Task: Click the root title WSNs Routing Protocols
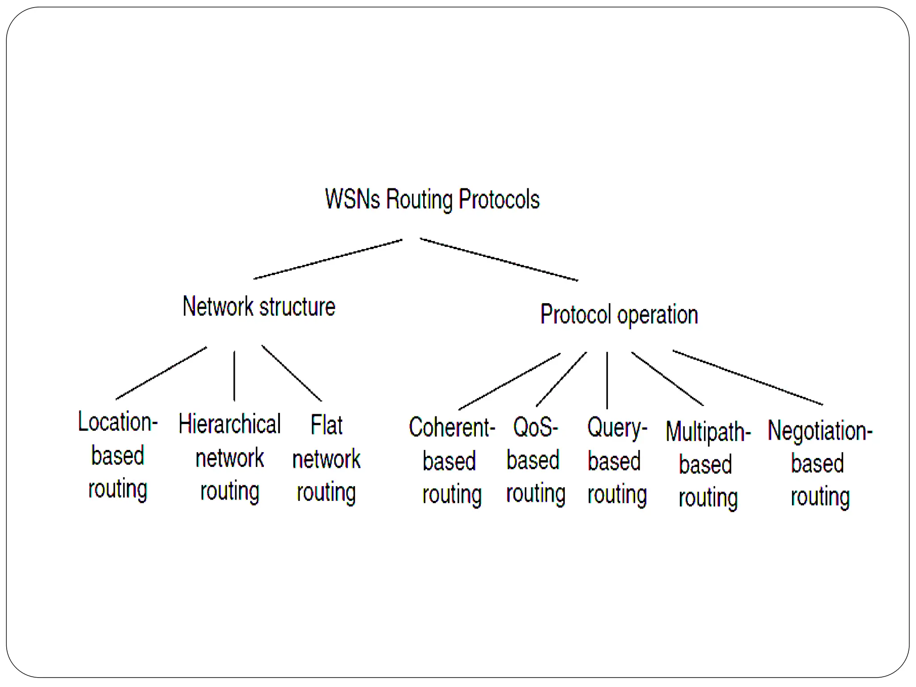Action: [x=432, y=199]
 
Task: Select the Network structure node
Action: [x=259, y=307]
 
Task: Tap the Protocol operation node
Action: [x=619, y=315]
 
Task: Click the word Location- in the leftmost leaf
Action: [x=118, y=422]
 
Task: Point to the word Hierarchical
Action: [x=229, y=424]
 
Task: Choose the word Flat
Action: [x=327, y=425]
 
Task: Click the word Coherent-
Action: [x=452, y=428]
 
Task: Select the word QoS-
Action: [x=535, y=428]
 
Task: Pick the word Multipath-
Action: [x=708, y=432]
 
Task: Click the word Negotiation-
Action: [x=820, y=431]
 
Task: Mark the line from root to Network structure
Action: [x=328, y=259]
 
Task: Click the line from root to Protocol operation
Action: [x=499, y=260]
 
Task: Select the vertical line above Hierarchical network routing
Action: [x=234, y=376]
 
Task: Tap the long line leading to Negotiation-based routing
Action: [x=747, y=378]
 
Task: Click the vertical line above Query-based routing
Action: [x=607, y=380]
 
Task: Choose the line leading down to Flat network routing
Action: [x=292, y=373]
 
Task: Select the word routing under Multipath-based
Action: [x=708, y=498]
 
